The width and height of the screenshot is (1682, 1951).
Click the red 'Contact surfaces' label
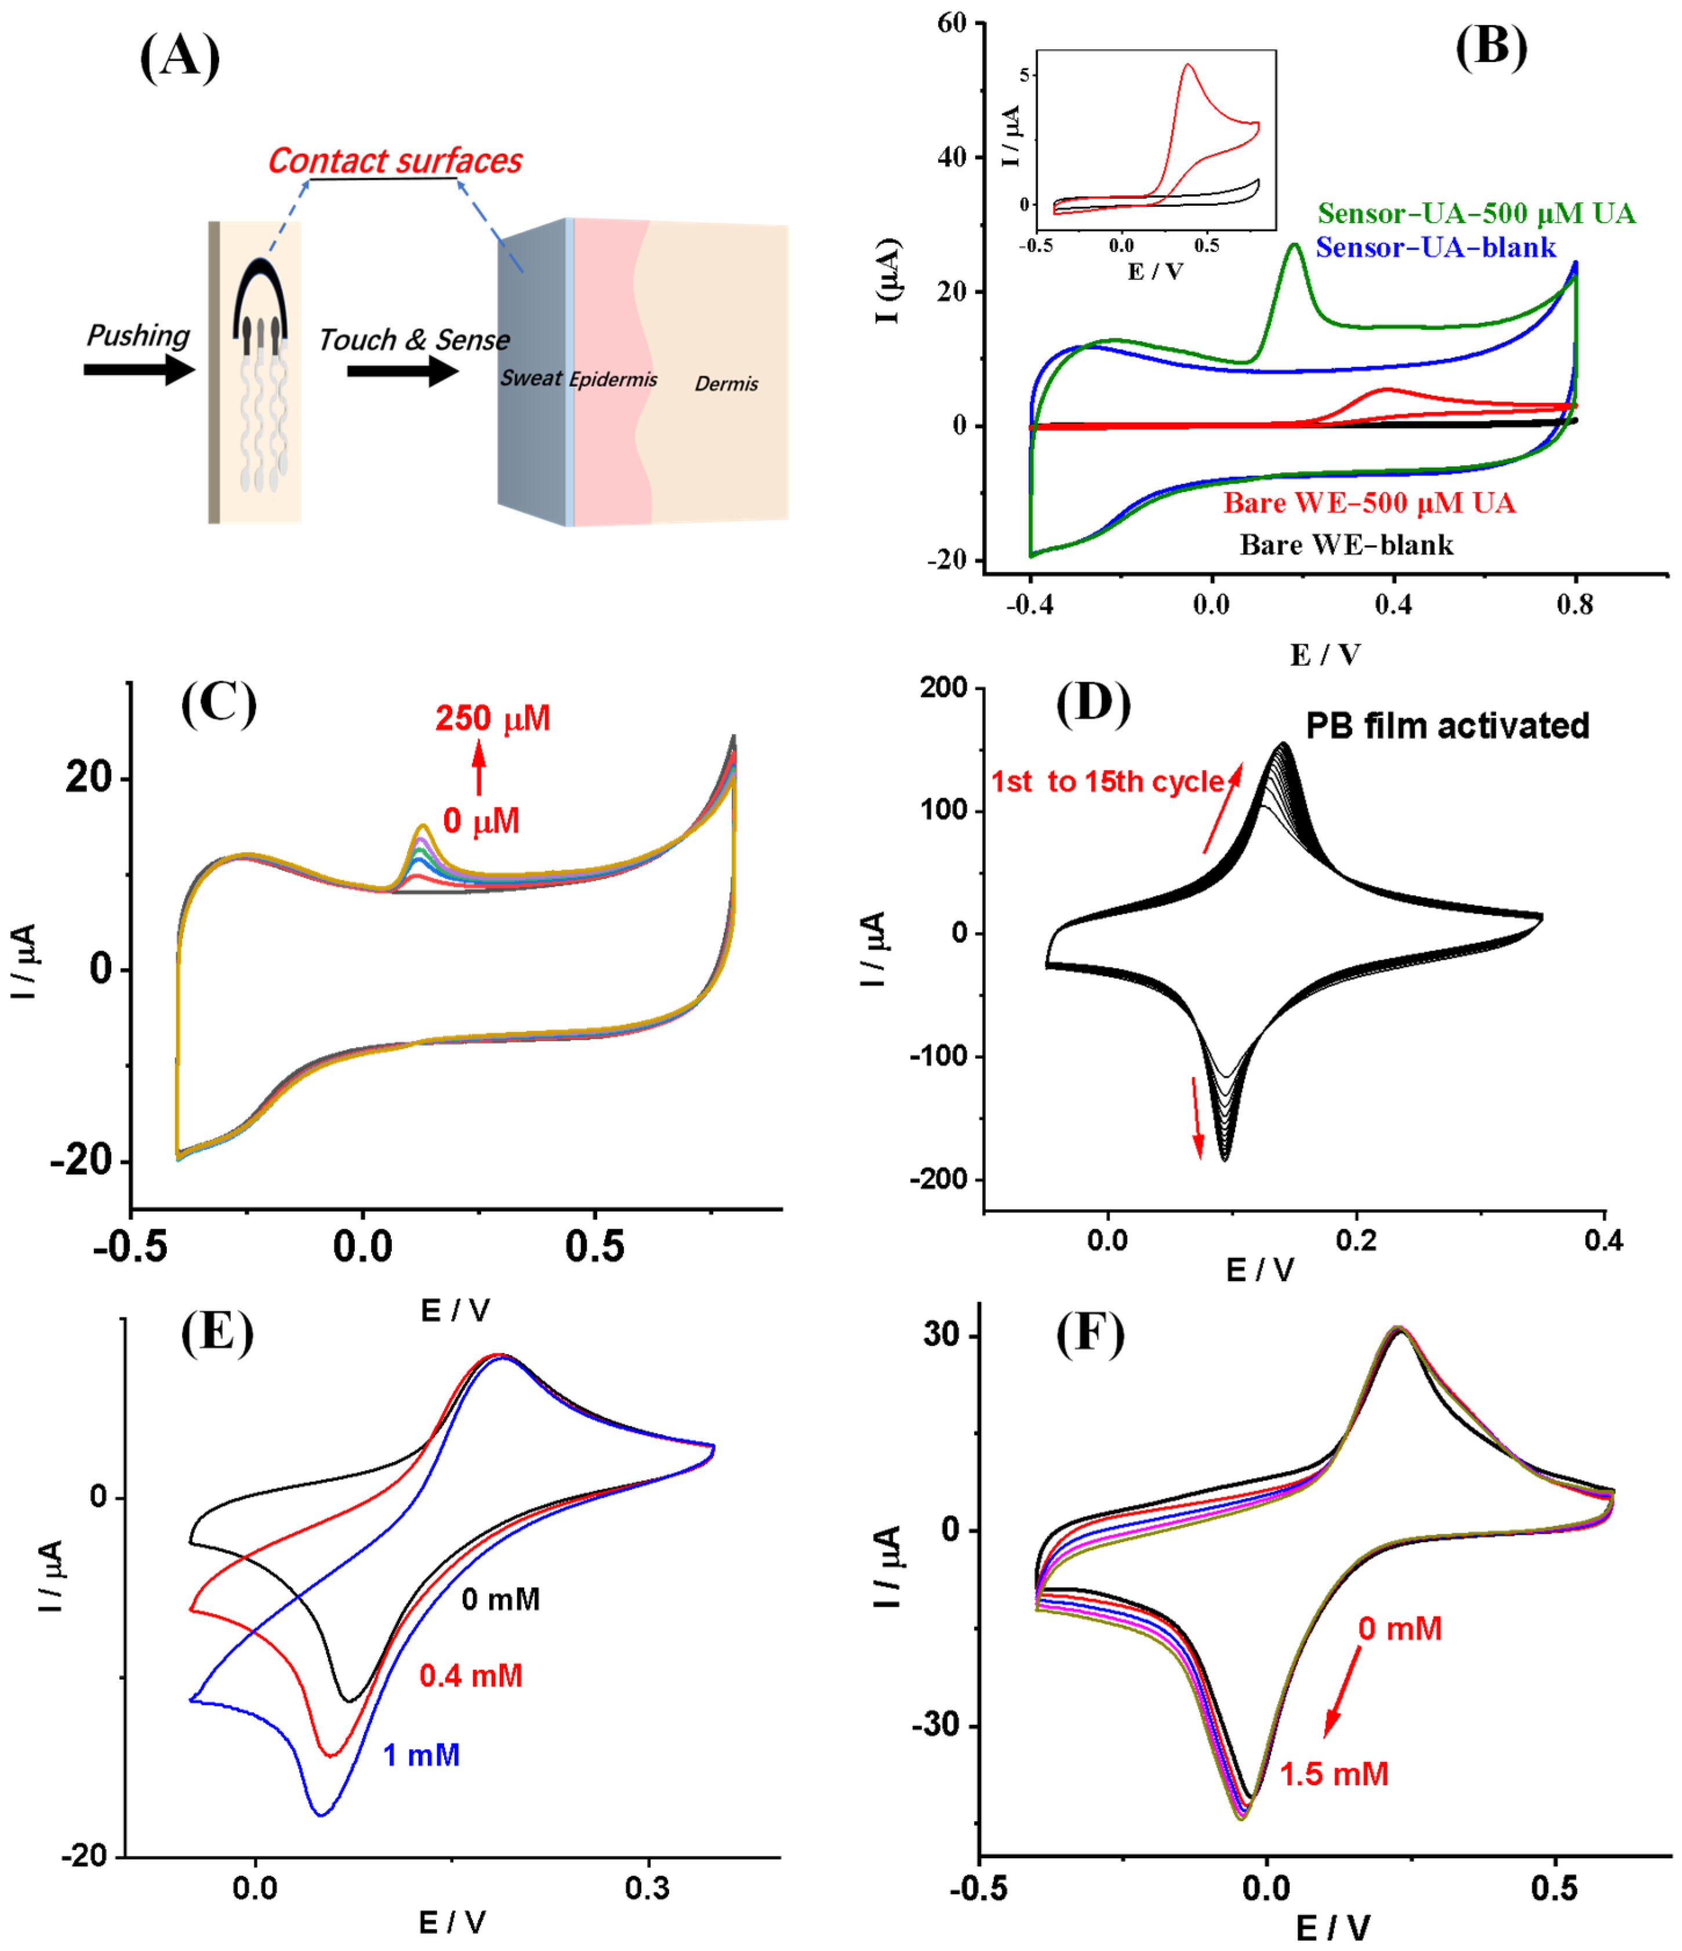(x=395, y=161)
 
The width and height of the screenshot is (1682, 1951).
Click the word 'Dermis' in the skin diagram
(x=726, y=384)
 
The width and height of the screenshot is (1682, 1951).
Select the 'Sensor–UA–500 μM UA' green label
(x=1476, y=214)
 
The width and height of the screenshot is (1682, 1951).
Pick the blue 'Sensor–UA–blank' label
(x=1435, y=247)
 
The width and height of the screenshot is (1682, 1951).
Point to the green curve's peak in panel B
(x=1295, y=246)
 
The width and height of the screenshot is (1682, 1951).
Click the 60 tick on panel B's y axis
(x=952, y=24)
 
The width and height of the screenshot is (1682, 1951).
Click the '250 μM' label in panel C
(x=493, y=719)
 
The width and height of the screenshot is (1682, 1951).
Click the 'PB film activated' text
(x=1447, y=726)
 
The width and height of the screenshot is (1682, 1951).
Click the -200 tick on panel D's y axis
(x=938, y=1179)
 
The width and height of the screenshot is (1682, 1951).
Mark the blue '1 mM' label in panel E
(x=421, y=1755)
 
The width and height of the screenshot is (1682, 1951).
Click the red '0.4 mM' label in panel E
(x=471, y=1676)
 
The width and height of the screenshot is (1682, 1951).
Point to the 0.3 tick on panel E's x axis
(x=648, y=1888)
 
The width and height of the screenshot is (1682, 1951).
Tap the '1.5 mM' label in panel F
(x=1334, y=1775)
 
